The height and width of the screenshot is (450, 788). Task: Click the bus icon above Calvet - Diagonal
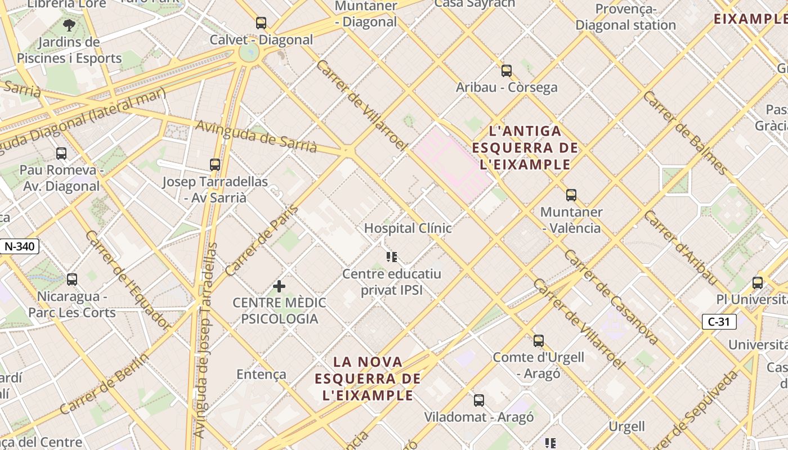[x=261, y=23]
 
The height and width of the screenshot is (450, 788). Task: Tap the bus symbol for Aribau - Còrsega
[x=507, y=71]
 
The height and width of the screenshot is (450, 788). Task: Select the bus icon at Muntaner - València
[x=571, y=195]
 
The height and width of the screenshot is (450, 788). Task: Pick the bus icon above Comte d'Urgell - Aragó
[x=539, y=340]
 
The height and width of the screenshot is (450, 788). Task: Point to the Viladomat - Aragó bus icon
[x=478, y=400]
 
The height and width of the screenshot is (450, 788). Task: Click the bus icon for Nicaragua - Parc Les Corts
[x=72, y=280]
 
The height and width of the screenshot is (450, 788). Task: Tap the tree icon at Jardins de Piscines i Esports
[x=69, y=25]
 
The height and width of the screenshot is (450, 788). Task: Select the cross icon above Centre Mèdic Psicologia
[x=279, y=286]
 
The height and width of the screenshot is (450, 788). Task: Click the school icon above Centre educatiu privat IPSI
[x=392, y=257]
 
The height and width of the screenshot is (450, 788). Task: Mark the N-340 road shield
[x=20, y=246]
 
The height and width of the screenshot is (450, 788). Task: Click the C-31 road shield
[x=719, y=322]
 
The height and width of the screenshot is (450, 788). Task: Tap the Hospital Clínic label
[x=408, y=228]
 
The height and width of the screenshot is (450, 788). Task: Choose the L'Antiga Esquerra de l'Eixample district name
[x=525, y=148]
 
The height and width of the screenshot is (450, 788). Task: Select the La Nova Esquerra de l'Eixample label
[x=368, y=378]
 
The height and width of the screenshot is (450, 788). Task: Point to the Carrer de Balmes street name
[x=685, y=133]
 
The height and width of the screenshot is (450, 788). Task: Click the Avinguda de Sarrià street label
[x=256, y=137]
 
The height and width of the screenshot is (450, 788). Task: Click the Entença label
[x=261, y=374]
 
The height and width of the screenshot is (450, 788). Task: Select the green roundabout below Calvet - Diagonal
[x=248, y=53]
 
